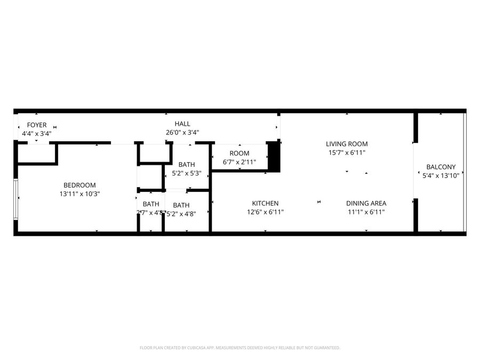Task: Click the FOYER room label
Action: point(37,125)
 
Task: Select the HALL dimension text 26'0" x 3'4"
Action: point(182,133)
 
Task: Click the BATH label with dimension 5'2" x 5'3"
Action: point(187,164)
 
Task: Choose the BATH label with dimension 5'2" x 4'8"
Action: point(181,205)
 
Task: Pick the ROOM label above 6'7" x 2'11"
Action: point(239,153)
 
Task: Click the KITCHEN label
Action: point(265,203)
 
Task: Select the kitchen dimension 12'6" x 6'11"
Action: point(265,212)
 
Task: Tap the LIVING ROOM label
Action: point(347,143)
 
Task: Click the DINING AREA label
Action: point(366,203)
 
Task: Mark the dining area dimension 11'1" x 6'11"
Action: point(366,212)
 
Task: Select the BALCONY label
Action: point(441,166)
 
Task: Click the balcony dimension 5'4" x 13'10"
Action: point(441,175)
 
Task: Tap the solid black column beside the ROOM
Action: point(274,156)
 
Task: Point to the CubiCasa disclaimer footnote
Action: point(239,348)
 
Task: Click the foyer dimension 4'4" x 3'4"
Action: point(37,134)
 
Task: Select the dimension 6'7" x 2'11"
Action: point(239,162)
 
